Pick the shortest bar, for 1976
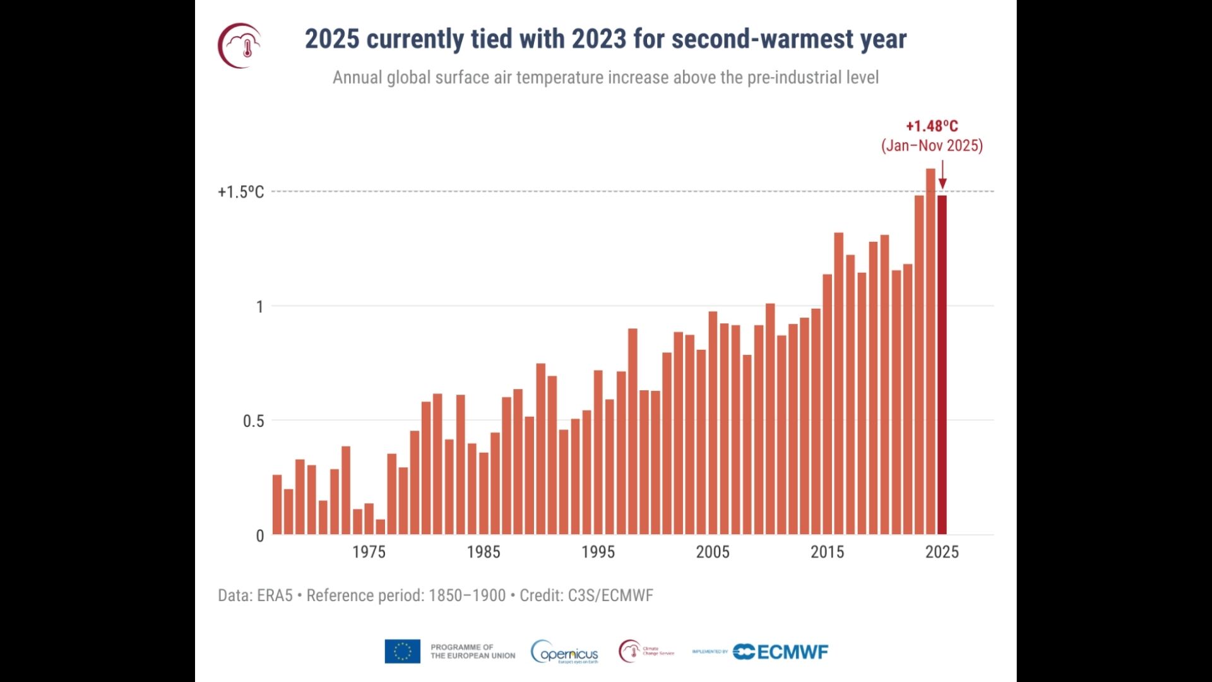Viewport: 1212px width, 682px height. click(381, 527)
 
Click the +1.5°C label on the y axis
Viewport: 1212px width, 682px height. click(241, 192)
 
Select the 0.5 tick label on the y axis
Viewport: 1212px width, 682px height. click(253, 421)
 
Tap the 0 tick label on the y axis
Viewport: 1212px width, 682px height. click(260, 536)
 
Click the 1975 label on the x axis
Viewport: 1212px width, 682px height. click(369, 552)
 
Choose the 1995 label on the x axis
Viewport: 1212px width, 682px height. click(598, 552)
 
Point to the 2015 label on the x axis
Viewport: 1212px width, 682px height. click(827, 552)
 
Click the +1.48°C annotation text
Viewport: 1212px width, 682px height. click(932, 126)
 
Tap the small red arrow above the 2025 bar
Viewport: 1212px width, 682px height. click(942, 176)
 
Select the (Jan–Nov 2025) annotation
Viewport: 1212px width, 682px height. click(932, 146)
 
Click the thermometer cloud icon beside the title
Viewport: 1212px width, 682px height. click(241, 45)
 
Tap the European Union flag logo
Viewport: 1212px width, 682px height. click(402, 652)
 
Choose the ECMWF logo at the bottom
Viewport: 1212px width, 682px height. click(781, 652)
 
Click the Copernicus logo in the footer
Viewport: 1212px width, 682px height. click(565, 652)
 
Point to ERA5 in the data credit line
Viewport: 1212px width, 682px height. click(275, 595)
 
